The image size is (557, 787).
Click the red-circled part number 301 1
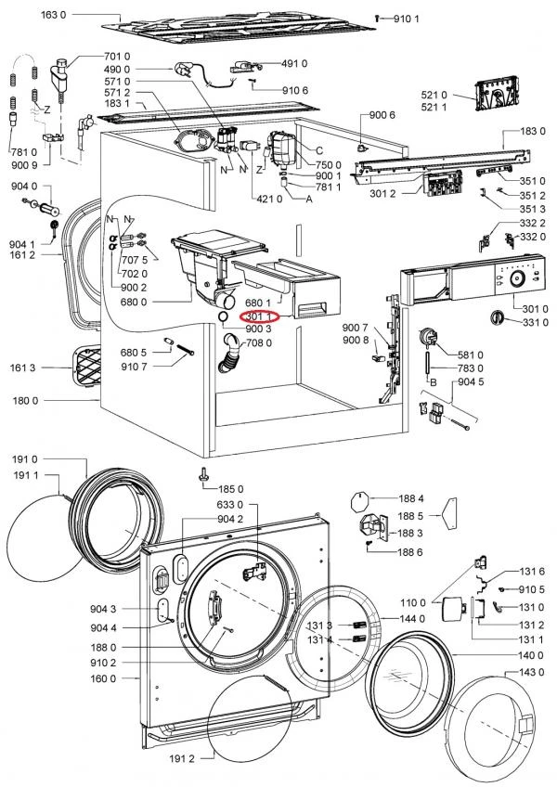[259, 316]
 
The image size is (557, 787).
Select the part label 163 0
[53, 15]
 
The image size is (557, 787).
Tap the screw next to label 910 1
[377, 19]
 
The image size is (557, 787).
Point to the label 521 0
[434, 95]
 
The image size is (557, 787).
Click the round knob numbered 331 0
[497, 317]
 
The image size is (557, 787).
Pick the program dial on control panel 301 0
[515, 279]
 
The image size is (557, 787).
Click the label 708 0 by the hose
[259, 342]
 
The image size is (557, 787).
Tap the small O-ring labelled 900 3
[223, 316]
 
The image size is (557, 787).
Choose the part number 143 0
[530, 672]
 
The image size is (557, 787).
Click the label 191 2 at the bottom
[181, 758]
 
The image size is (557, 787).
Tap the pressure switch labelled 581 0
[426, 335]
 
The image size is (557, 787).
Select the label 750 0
[328, 164]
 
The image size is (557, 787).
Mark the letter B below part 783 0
[433, 382]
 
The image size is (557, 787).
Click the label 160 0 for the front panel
[103, 678]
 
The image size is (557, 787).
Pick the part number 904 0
[24, 187]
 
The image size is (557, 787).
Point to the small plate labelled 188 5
[449, 513]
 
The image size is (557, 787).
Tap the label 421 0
[269, 199]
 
